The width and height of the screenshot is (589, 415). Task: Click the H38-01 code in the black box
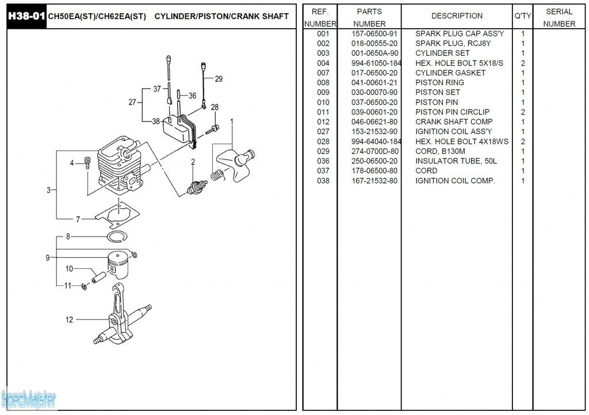[x=26, y=16]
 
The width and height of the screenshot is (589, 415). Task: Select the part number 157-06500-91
[x=374, y=34]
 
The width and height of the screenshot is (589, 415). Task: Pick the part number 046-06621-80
[x=374, y=122]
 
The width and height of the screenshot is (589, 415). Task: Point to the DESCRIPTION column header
[x=457, y=16]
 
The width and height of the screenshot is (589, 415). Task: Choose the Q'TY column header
[x=522, y=16]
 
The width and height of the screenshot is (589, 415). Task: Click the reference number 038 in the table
[x=323, y=181]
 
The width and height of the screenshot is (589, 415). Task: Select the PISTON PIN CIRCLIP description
[x=452, y=112]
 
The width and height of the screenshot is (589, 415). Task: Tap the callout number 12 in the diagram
[x=69, y=320]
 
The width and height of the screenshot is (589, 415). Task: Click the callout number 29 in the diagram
[x=219, y=79]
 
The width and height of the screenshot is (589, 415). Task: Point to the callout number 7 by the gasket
[x=78, y=219]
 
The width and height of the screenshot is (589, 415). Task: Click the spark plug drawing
[x=196, y=185]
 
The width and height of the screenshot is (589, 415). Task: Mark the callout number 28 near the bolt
[x=215, y=107]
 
